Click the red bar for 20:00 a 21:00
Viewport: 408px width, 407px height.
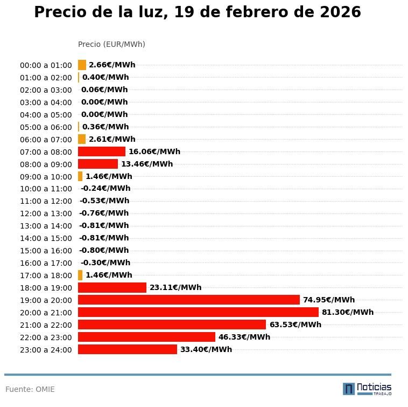click(198, 312)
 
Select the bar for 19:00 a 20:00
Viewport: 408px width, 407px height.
click(188, 300)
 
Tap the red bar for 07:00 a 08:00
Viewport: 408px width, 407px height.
click(101, 151)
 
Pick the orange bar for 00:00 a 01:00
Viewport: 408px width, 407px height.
click(82, 65)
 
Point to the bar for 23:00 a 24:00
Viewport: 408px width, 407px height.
click(127, 349)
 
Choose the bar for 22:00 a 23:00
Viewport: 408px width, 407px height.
click(146, 337)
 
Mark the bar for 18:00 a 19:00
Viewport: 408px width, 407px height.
click(112, 287)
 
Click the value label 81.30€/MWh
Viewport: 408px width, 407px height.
click(347, 312)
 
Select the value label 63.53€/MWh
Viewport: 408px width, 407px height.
click(295, 325)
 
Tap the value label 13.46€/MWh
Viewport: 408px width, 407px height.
click(146, 164)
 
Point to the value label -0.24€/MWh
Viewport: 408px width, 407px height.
click(105, 189)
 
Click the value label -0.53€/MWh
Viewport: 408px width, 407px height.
click(104, 201)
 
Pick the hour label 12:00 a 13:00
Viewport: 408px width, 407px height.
click(46, 213)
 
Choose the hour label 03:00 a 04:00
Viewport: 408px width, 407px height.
click(46, 102)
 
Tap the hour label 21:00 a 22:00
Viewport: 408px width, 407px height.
click(46, 325)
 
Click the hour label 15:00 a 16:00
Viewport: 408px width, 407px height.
click(46, 251)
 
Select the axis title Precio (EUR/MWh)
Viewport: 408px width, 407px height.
click(111, 44)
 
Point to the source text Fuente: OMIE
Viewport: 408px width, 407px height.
click(30, 389)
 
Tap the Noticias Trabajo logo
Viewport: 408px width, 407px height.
click(367, 389)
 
